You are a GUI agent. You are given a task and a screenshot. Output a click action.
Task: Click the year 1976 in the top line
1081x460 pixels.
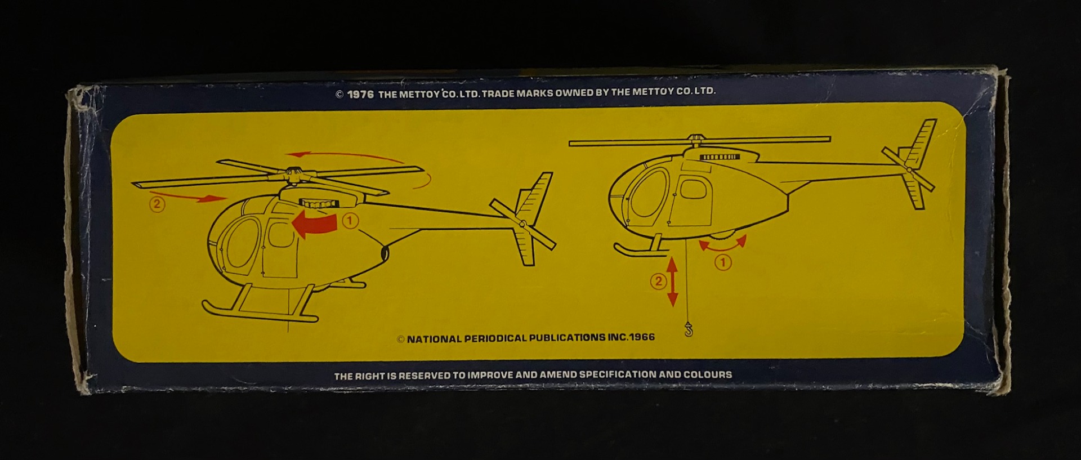coord(360,94)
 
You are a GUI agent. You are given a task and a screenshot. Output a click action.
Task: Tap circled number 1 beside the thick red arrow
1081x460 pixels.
coord(350,221)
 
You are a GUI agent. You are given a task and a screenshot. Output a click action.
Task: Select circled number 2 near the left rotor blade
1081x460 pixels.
coord(157,204)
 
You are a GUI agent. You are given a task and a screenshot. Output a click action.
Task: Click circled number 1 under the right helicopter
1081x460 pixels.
coord(723,262)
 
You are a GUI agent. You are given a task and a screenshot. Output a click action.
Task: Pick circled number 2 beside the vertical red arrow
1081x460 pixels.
coord(658,281)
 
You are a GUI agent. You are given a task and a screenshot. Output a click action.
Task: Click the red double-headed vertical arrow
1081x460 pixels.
coord(672,281)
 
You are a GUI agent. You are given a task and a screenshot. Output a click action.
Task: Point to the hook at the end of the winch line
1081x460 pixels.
coord(688,329)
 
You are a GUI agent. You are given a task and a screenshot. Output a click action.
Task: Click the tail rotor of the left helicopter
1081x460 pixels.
coord(523,225)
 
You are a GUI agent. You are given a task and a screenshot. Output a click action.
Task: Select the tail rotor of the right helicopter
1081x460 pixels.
coord(908,169)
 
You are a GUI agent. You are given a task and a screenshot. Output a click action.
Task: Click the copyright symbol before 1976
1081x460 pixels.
coord(339,95)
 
